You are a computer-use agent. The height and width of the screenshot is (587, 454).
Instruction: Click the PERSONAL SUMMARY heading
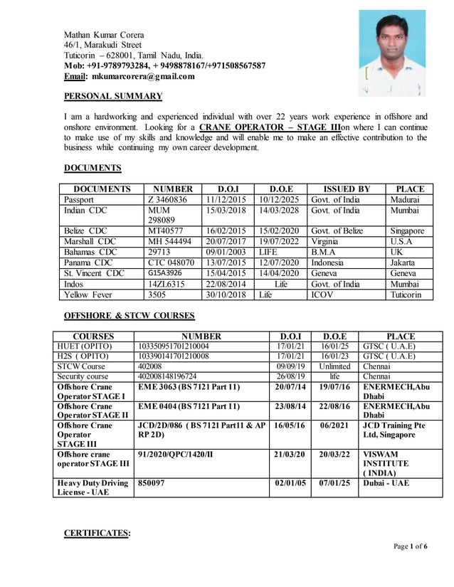click(113, 96)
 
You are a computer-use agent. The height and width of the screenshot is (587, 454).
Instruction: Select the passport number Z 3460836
click(167, 200)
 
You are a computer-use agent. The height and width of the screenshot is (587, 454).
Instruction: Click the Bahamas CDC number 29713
click(160, 252)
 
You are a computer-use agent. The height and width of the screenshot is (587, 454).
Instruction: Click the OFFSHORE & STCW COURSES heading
click(129, 315)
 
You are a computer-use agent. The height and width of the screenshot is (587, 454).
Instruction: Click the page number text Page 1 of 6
click(411, 546)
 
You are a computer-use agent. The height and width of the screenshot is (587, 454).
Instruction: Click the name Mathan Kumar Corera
click(104, 35)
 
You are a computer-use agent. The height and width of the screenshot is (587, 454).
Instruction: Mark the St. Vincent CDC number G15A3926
click(164, 273)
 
